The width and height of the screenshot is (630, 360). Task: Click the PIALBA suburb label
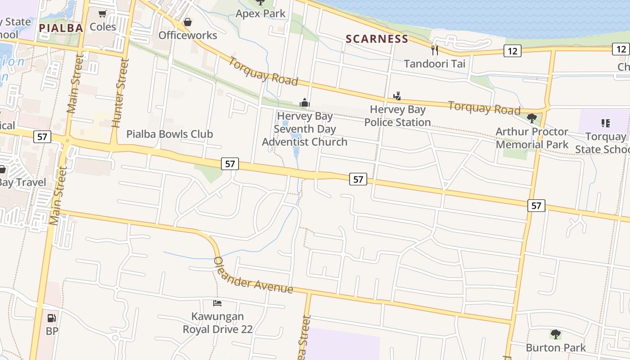(61, 28)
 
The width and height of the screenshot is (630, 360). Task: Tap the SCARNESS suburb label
(377, 39)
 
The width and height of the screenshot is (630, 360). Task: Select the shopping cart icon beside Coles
(103, 14)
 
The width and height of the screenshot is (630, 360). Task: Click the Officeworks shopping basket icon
(188, 22)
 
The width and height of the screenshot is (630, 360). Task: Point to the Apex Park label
(261, 13)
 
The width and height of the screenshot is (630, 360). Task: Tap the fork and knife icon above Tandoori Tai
(434, 50)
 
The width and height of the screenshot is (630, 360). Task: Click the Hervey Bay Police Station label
(397, 116)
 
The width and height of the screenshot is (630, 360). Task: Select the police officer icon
(397, 96)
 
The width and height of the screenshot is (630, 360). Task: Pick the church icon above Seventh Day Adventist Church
(305, 103)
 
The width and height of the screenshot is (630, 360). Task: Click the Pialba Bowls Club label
(170, 134)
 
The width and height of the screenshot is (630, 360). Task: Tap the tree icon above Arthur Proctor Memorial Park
(531, 118)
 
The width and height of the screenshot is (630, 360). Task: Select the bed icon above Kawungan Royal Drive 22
(217, 303)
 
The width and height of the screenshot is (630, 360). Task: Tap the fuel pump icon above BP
(52, 318)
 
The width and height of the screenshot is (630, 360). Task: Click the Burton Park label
(556, 348)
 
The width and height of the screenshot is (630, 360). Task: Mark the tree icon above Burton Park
(556, 334)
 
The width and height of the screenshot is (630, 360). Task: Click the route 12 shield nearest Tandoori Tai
(513, 51)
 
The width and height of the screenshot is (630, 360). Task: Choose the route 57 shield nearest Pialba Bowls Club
(230, 164)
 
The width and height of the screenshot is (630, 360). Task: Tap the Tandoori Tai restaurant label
(434, 63)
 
